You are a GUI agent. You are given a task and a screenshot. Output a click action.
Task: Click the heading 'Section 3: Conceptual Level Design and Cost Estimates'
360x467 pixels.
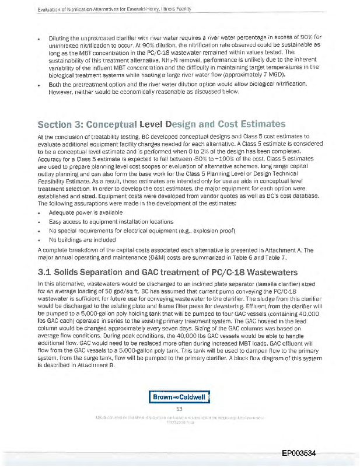pos(162,124)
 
